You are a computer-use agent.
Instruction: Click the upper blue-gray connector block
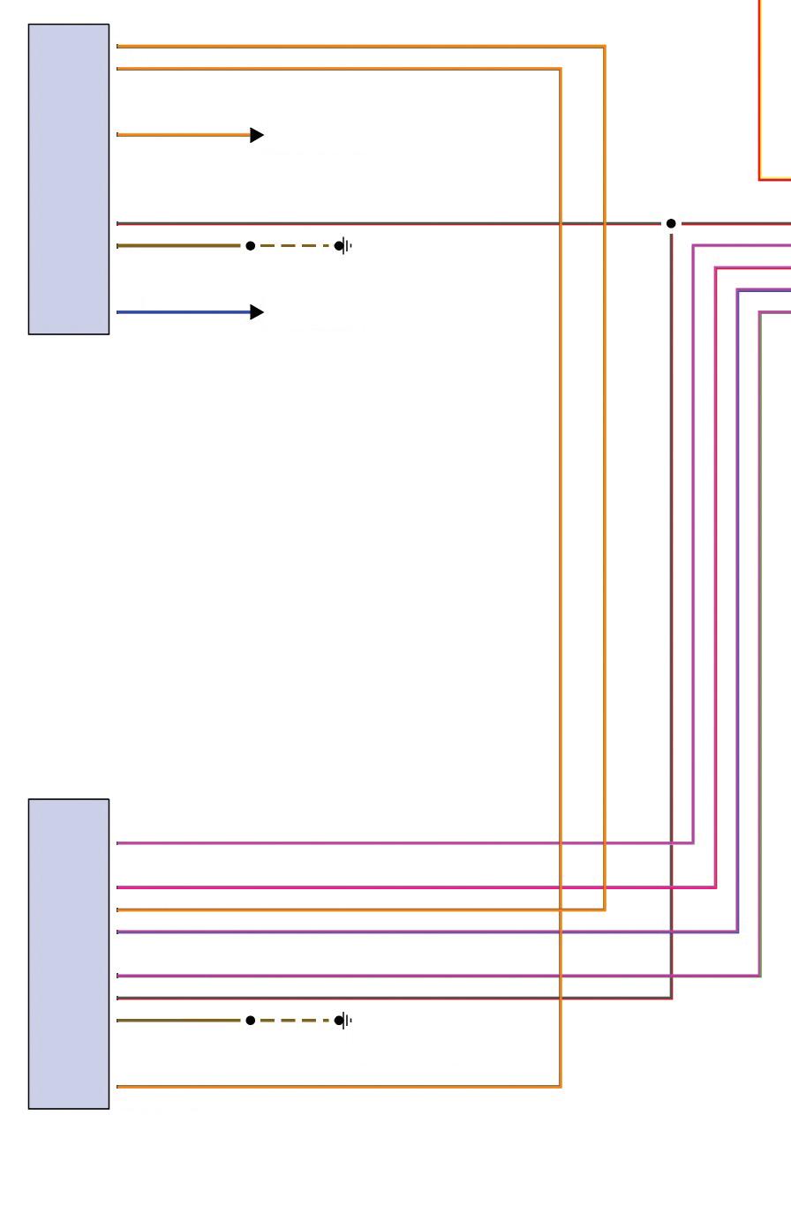coord(69,179)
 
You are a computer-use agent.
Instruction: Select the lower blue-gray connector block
coord(69,954)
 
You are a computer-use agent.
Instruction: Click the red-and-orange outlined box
coord(774,88)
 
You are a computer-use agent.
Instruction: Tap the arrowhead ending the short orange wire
coord(257,135)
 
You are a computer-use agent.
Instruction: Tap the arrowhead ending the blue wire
coord(257,312)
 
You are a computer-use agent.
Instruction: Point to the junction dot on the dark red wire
coord(671,224)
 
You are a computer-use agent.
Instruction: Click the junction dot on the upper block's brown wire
coord(251,246)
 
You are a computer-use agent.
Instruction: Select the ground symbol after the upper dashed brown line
coord(344,246)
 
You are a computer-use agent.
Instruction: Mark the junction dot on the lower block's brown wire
coord(251,1021)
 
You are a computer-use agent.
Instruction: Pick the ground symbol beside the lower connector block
coord(344,1021)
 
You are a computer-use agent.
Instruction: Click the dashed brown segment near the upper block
coord(295,246)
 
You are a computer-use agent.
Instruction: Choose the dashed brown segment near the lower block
coord(295,1021)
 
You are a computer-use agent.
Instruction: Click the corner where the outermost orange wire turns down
coord(605,47)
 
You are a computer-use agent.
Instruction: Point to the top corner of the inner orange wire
coord(561,69)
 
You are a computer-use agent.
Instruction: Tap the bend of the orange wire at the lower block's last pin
coord(561,1086)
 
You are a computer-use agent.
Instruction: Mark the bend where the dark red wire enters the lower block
coord(672,998)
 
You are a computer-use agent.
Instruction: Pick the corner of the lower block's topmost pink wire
coord(693,842)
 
